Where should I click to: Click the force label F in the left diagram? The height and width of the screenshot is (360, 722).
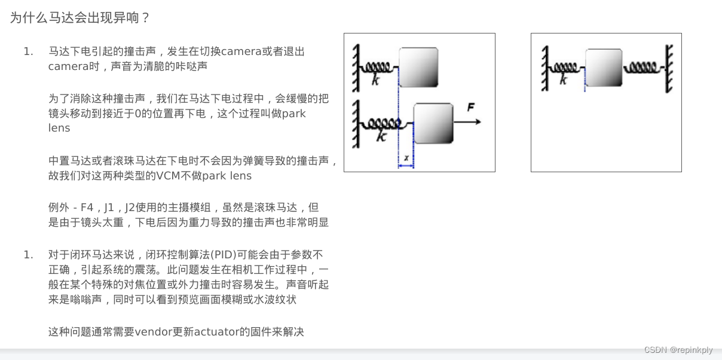coord(471,107)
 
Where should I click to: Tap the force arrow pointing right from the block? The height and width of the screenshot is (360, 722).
coord(467,122)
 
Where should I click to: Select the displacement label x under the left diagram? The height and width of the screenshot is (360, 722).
coord(406,158)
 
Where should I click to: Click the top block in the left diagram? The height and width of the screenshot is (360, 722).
coord(418,67)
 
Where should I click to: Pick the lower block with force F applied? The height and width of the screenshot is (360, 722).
coord(433,123)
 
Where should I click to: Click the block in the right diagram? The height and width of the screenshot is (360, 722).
coord(604,68)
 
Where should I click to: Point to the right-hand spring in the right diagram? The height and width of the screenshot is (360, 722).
coord(643,68)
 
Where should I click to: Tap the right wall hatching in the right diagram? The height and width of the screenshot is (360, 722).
coord(669,68)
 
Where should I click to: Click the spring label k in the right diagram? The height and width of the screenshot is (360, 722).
coord(563,79)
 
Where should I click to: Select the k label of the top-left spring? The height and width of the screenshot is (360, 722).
coord(375,80)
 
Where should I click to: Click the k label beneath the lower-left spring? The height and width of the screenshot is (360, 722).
coord(381,136)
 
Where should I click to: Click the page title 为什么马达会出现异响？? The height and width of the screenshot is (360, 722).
coord(79,17)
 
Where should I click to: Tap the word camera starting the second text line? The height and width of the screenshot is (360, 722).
coord(68,66)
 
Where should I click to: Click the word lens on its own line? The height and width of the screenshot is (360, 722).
coord(59,128)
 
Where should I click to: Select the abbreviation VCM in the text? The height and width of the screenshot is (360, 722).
coord(168,176)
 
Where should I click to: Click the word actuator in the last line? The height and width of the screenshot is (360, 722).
coord(216,332)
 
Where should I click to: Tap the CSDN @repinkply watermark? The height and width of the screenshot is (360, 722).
coord(678,350)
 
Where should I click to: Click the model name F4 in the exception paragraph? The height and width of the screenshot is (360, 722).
coord(87,207)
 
